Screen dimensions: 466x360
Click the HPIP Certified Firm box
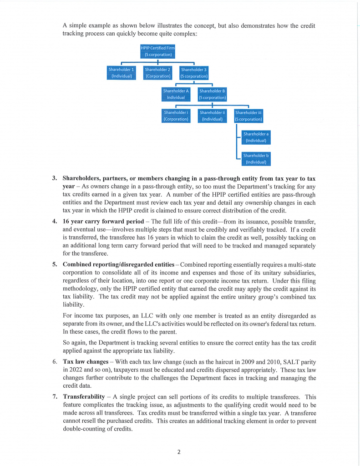pos(157,51)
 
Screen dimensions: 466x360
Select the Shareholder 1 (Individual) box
pos(121,73)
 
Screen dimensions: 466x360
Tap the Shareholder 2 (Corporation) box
pos(157,73)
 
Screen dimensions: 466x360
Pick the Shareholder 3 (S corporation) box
pos(194,73)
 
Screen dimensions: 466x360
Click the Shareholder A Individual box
pos(176,94)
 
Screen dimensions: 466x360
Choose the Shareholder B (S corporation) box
pos(212,94)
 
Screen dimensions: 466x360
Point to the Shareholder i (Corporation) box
pos(176,116)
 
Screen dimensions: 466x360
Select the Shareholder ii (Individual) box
pos(212,116)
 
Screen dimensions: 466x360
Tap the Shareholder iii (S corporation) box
pos(248,116)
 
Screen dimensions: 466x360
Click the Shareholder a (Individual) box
pos(256,137)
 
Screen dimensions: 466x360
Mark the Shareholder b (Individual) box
pos(256,158)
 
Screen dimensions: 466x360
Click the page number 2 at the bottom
pos(179,452)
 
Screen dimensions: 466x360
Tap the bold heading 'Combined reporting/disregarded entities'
pos(118,264)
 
